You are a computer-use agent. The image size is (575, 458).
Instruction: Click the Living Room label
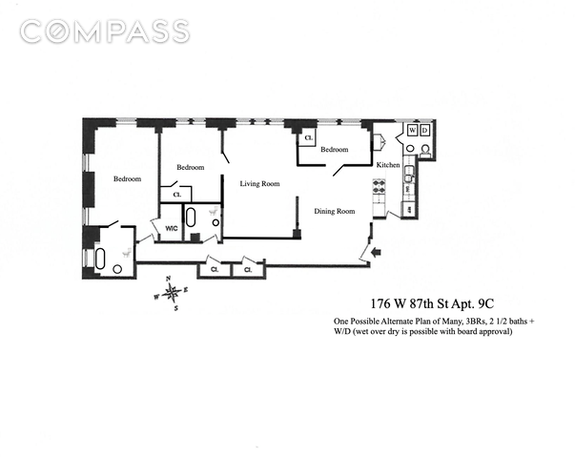tap(259, 183)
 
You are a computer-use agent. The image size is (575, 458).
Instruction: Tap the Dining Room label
tap(335, 211)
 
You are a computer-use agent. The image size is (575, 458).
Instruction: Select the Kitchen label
tap(388, 165)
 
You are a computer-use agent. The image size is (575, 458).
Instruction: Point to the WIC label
tap(172, 228)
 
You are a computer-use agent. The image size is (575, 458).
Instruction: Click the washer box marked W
tap(413, 131)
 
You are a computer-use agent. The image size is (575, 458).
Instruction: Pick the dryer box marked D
tap(424, 131)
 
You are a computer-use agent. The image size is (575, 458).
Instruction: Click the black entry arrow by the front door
tap(377, 252)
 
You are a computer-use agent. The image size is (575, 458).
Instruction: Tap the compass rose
tap(172, 293)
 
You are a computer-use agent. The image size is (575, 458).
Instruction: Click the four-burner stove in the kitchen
tap(379, 186)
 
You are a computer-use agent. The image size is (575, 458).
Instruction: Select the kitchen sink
tap(408, 174)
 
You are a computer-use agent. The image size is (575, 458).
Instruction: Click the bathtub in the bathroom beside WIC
tap(191, 217)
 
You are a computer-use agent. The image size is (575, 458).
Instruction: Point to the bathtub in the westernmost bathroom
tap(100, 259)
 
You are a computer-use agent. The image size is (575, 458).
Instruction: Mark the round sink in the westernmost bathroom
tap(117, 269)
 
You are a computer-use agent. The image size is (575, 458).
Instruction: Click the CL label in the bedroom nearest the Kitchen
tap(309, 138)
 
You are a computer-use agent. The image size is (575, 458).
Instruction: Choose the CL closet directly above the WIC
tap(177, 195)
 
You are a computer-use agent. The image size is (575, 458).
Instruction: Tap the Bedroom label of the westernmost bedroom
tap(127, 178)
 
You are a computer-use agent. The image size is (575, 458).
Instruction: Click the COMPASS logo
tap(105, 31)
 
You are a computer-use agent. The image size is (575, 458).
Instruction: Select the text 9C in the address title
tap(486, 303)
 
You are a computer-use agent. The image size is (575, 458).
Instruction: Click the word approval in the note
tap(497, 332)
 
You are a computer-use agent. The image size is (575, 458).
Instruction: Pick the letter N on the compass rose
tap(169, 279)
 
